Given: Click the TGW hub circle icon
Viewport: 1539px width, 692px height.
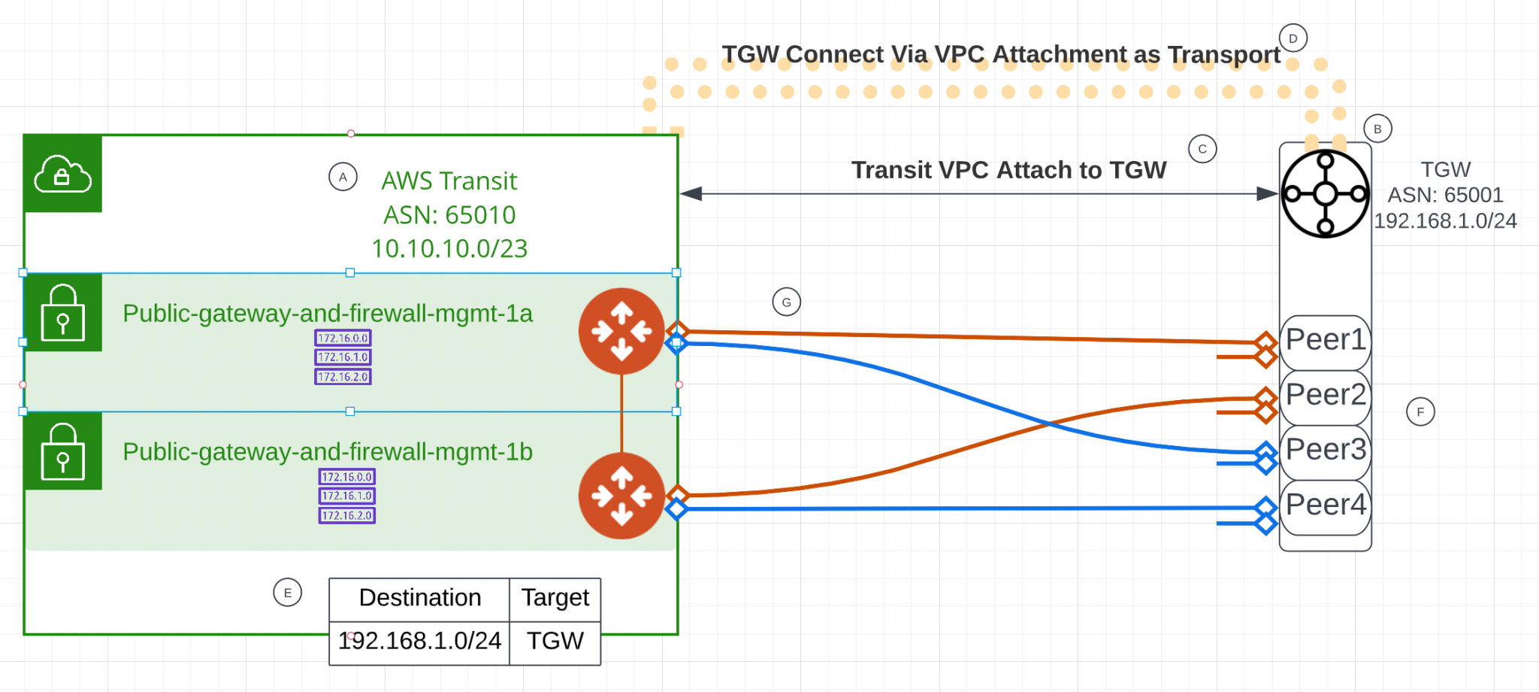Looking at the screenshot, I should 1325,194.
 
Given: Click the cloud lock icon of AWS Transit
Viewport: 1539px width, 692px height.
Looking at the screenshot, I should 62,174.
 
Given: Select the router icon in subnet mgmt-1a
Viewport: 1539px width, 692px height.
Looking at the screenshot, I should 621,331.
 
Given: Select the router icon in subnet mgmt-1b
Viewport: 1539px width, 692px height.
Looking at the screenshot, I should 621,496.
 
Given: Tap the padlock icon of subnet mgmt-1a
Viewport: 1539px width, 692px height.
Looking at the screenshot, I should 62,313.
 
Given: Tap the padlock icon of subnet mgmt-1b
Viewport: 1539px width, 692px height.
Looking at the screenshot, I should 62,451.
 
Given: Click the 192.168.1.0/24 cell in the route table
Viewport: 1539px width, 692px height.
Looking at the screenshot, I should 419,642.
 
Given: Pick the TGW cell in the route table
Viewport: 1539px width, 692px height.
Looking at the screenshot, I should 555,642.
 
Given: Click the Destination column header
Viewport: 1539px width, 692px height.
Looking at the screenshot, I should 419,598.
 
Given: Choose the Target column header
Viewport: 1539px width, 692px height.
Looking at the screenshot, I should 555,598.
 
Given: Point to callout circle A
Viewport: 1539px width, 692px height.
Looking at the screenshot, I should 343,178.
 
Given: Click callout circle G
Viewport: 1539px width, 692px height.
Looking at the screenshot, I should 786,302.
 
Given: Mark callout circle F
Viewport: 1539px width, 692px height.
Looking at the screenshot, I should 1420,412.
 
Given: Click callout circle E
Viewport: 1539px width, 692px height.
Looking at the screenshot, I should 287,593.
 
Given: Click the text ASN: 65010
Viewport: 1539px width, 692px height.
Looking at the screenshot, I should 449,215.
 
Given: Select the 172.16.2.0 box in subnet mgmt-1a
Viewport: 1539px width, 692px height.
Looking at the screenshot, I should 343,377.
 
